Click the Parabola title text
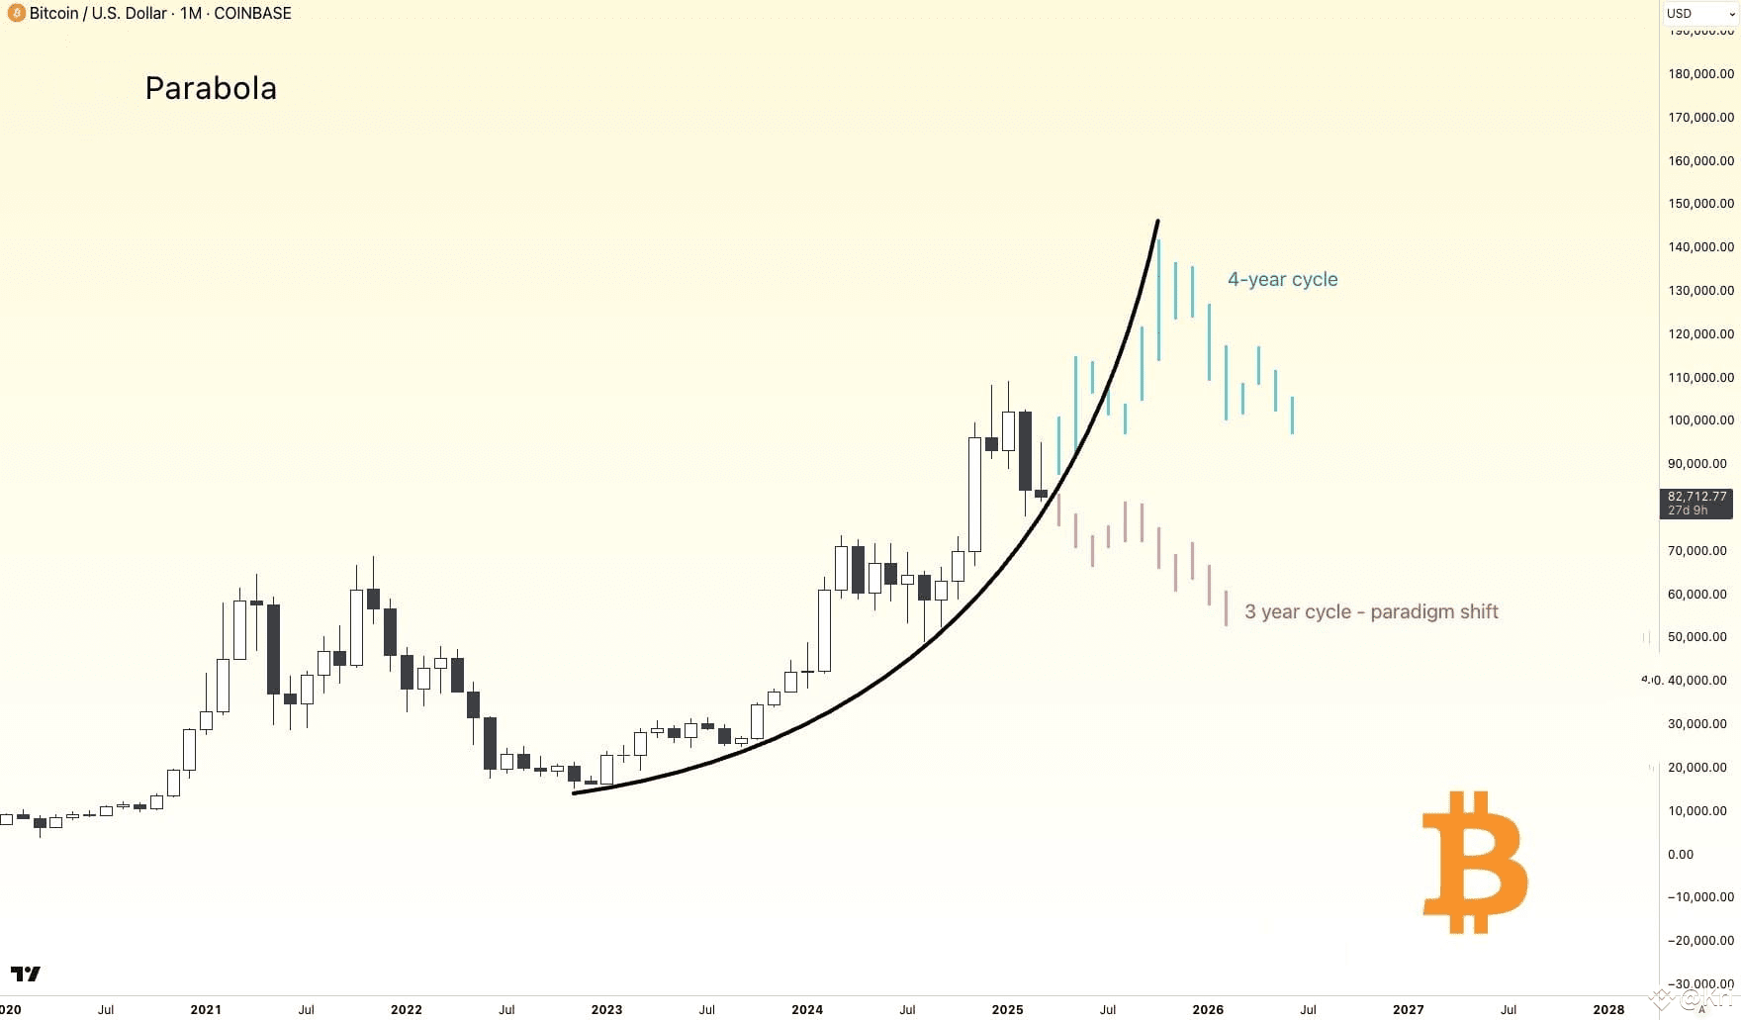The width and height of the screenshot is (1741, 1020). coord(211,88)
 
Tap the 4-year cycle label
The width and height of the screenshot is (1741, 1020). coord(1282,280)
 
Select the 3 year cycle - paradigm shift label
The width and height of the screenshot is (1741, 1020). coord(1371,612)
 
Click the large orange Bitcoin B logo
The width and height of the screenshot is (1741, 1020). coord(1474,863)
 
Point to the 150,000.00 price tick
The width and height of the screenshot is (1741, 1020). coord(1700,204)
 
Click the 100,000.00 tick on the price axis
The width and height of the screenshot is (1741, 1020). coord(1700,420)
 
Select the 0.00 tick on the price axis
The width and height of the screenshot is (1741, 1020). coord(1680,855)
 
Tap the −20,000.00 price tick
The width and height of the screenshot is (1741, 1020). coord(1700,941)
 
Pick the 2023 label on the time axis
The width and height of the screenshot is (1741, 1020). coord(606,1009)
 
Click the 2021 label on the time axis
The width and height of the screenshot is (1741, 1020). coord(206,1009)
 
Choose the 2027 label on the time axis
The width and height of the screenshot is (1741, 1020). coord(1408,1009)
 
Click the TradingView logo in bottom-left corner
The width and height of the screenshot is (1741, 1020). coord(26,974)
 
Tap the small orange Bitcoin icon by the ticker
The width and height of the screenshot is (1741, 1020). coord(16,13)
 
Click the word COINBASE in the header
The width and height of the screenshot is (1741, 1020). coord(252,13)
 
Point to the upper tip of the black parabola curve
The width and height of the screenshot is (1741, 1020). coord(1157,222)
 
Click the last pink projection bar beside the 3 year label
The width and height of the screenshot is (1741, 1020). coord(1226,608)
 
